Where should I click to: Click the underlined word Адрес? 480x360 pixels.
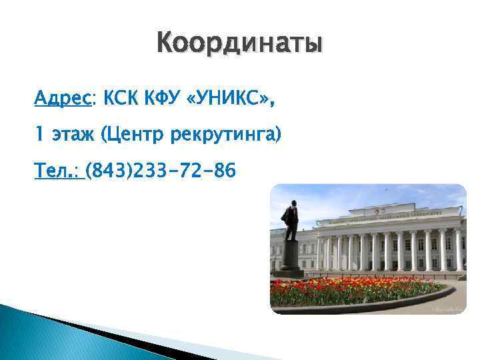coord(64,100)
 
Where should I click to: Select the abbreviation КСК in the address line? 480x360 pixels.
coord(120,100)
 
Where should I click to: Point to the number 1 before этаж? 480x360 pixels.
coord(39,136)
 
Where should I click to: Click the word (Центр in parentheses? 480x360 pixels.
coord(133,136)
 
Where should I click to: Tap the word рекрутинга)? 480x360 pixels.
coord(227,136)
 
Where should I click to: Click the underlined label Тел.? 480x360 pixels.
coord(57,171)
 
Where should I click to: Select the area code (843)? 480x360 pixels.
coord(109,171)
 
